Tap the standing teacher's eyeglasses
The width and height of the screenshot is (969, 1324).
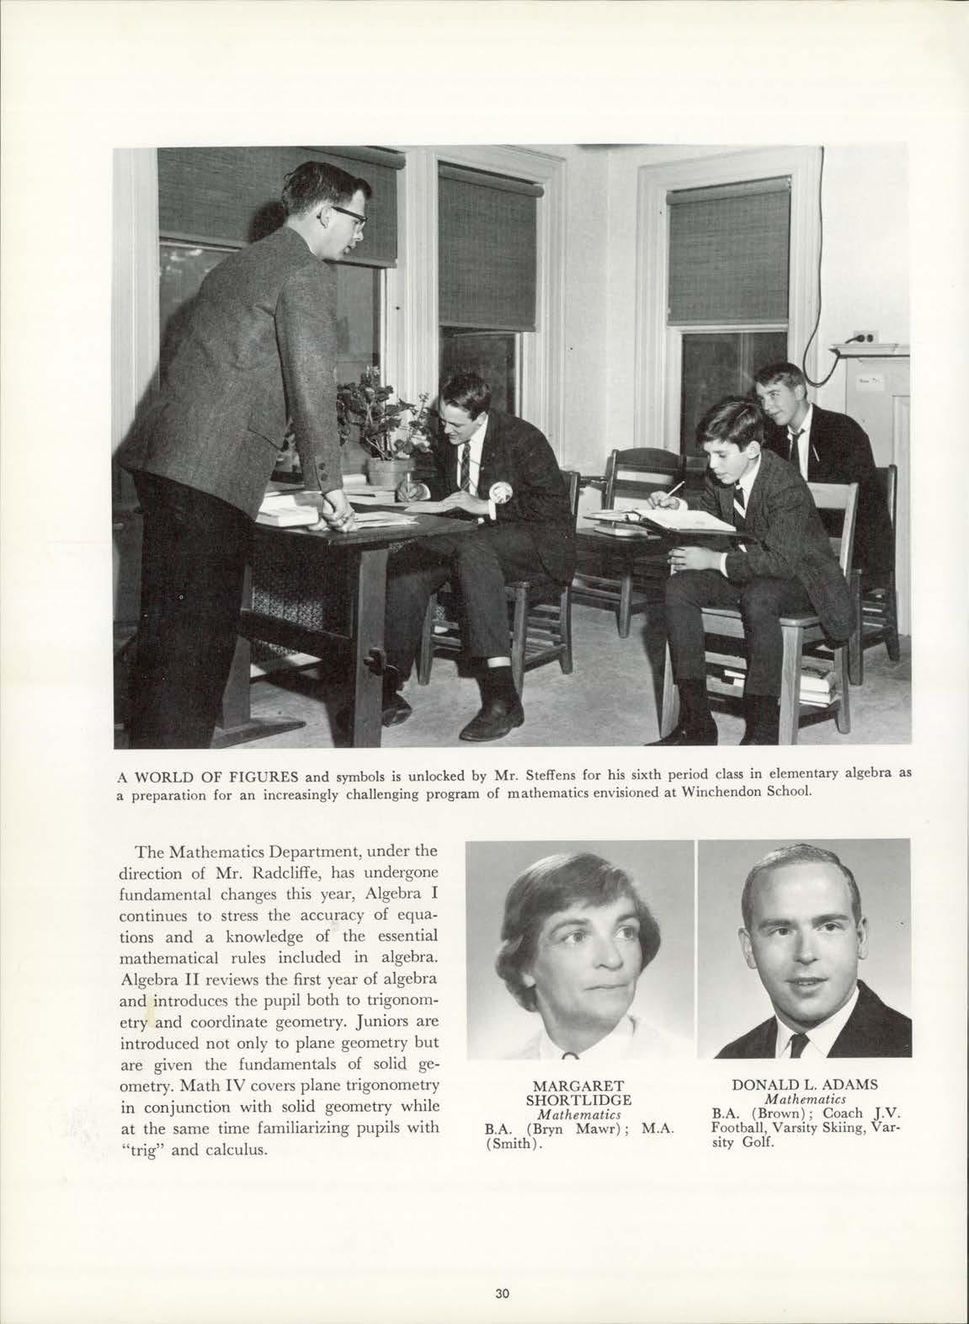point(350,216)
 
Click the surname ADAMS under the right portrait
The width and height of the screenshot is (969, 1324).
point(851,1086)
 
